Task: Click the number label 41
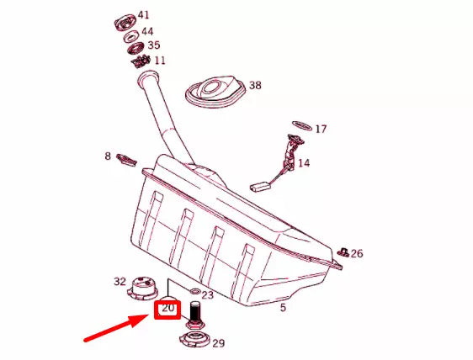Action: (x=144, y=15)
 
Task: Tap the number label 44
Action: (x=147, y=31)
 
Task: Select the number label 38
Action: (x=255, y=86)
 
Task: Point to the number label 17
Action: (x=321, y=130)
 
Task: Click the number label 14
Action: (x=303, y=162)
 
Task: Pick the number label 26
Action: (x=357, y=253)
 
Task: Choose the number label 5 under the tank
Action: (x=284, y=308)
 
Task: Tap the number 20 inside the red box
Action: (x=168, y=309)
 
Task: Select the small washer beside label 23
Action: (x=194, y=291)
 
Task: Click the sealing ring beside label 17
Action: (x=300, y=125)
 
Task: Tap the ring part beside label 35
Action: (x=135, y=47)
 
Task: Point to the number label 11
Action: (x=159, y=61)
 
